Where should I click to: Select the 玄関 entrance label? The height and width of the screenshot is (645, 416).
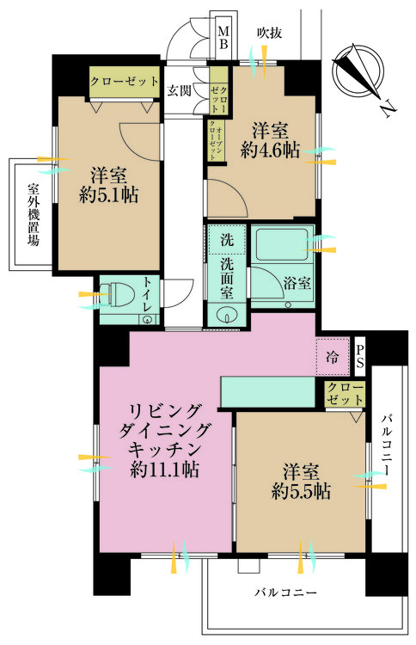coord(179,90)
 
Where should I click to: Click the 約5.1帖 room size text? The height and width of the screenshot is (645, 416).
coord(110,194)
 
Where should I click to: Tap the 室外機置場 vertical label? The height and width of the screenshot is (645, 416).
coord(34,215)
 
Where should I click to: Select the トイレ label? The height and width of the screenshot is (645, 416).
coord(148,294)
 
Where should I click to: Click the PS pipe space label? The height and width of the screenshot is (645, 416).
coord(360,354)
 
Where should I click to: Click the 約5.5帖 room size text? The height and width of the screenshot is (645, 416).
coord(299,492)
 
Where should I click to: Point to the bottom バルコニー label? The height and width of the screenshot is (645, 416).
coord(286,593)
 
